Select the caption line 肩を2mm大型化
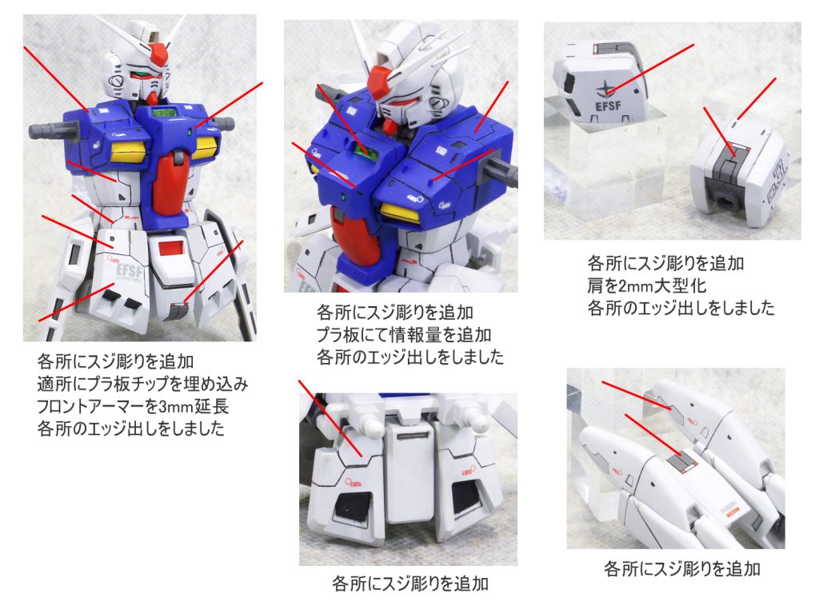649,285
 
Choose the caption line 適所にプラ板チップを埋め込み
142,384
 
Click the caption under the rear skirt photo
409,584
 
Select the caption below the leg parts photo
681,569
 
